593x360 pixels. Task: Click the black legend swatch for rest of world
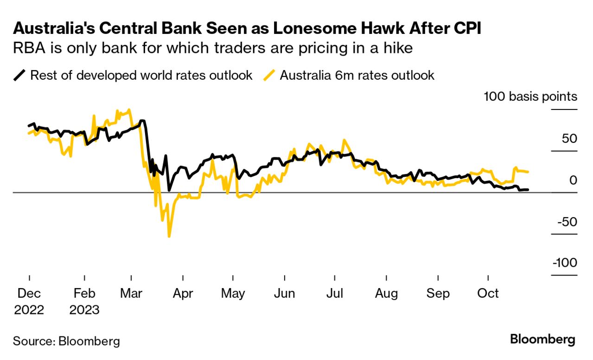(19, 75)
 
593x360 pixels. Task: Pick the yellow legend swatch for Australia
(269, 75)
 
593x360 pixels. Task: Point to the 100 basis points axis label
(530, 96)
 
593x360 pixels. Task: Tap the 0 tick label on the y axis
(573, 180)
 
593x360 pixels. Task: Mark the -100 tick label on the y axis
(564, 263)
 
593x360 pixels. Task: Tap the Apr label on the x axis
(183, 294)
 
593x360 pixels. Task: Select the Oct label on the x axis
(488, 294)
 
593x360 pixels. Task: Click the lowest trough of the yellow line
(169, 237)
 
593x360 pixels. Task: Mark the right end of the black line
(528, 189)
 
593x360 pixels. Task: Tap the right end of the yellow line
(528, 172)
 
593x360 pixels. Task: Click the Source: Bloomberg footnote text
(66, 341)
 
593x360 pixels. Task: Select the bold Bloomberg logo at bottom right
(542, 340)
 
